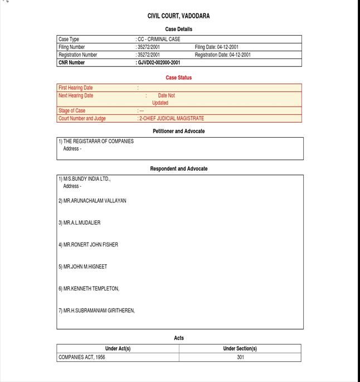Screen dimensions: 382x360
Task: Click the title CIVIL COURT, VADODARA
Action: pos(179,16)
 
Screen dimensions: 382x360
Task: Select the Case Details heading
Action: pos(179,29)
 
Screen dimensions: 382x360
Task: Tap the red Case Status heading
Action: pos(179,78)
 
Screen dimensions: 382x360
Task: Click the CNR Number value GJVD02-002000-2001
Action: pos(159,63)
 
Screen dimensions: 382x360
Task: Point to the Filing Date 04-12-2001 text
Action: pos(217,47)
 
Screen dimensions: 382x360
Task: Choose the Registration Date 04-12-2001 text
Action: pos(222,55)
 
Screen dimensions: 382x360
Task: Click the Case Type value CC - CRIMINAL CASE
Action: pos(159,40)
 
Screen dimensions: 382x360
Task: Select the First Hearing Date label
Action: pos(76,88)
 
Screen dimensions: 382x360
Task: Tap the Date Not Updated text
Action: pos(163,99)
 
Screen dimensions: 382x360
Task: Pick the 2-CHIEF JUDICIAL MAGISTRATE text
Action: pos(171,119)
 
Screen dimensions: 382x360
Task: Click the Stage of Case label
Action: pos(72,111)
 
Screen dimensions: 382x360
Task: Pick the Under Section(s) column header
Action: pos(240,349)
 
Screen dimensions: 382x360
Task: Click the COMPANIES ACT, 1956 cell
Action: pos(81,357)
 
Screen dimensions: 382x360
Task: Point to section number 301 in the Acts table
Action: pos(240,357)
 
